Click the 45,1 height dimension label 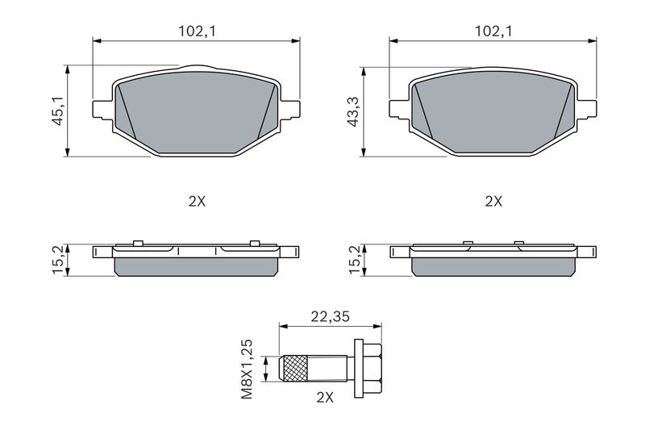[x=57, y=111]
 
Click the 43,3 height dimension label [x=354, y=111]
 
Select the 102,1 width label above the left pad [x=197, y=31]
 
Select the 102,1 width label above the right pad [x=493, y=31]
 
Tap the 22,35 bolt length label [x=330, y=316]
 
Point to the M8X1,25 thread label [x=247, y=369]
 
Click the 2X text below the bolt [x=325, y=398]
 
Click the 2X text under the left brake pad [x=197, y=202]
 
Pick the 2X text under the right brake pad [x=493, y=202]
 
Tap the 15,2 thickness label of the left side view [x=58, y=260]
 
